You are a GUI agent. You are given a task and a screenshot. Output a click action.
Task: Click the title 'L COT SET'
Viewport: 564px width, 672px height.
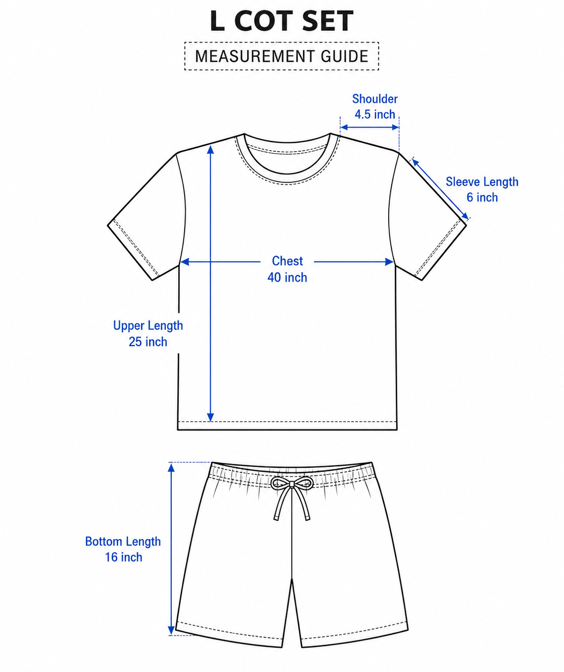coord(282,21)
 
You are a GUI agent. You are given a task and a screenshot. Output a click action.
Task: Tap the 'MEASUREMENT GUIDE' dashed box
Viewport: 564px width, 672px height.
coord(282,42)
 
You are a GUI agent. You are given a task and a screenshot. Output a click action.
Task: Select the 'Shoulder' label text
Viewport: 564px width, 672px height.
coord(375,99)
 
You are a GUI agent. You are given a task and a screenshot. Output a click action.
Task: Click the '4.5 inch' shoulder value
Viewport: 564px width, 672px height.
coord(375,114)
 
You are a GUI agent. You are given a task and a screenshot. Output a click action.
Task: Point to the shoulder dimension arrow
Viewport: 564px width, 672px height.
coord(370,128)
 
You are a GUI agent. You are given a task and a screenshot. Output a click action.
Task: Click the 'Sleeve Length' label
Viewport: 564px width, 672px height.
coord(482,182)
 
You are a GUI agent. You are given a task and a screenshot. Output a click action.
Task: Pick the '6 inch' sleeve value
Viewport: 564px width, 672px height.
coord(482,197)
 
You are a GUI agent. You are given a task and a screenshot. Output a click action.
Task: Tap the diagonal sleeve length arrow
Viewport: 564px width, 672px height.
coord(440,189)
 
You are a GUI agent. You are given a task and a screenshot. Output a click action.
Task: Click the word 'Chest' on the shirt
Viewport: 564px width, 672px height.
coord(287,261)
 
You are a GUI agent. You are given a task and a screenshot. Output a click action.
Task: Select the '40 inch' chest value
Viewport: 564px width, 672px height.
coord(287,277)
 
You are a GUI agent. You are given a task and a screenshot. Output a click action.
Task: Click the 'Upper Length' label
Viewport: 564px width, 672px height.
coord(148,326)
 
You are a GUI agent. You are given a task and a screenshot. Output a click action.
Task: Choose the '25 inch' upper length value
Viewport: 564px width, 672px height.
coord(148,342)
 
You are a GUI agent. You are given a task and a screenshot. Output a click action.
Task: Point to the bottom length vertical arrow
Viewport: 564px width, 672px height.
coord(171,549)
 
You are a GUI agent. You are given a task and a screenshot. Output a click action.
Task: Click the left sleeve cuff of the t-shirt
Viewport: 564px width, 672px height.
coord(133,249)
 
